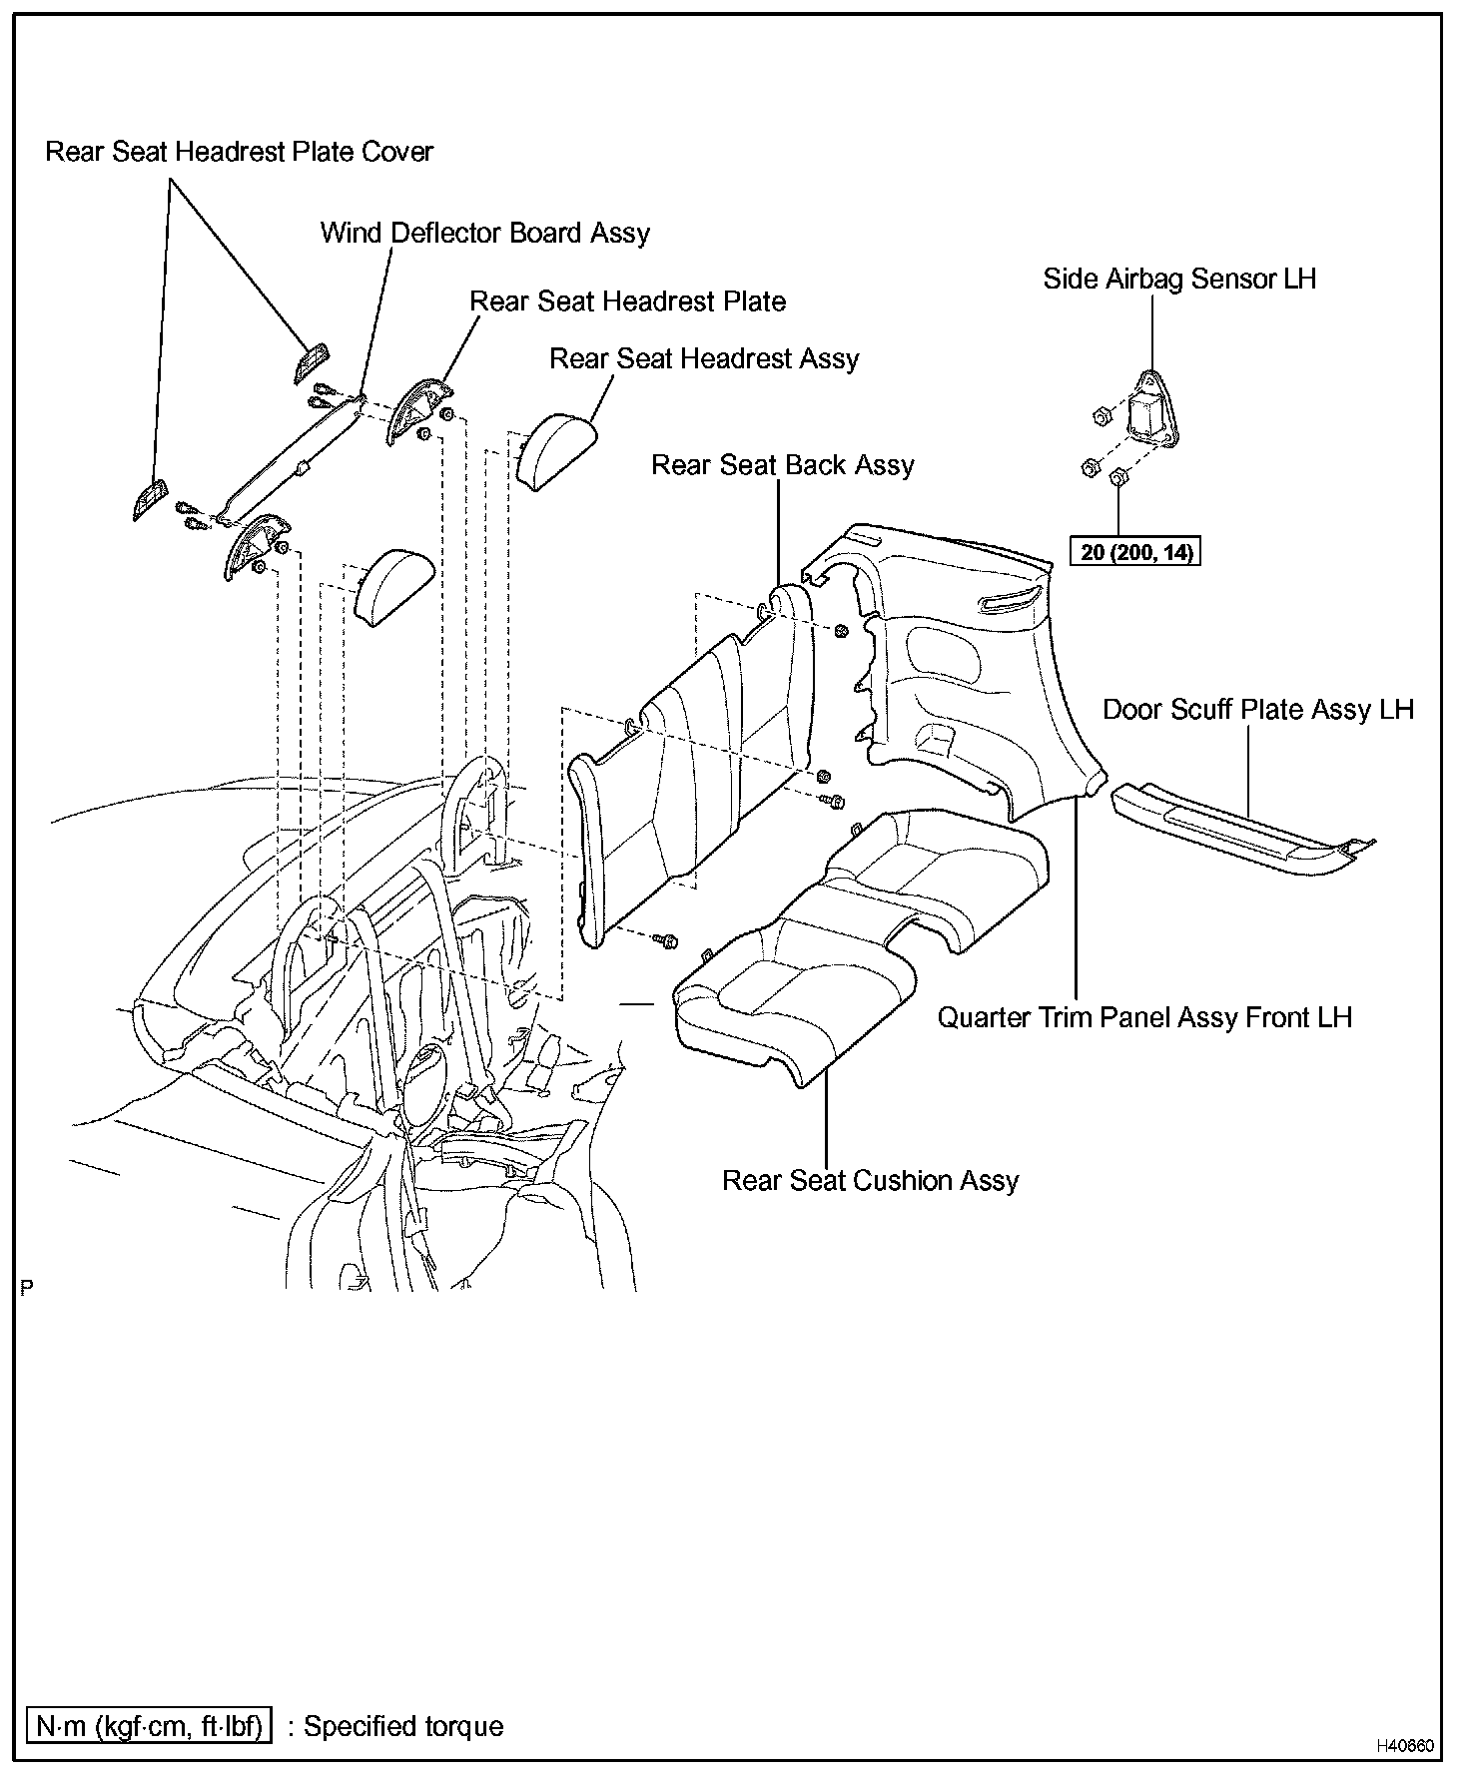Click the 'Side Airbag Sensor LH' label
click(x=1179, y=279)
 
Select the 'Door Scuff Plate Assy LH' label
click(x=1258, y=710)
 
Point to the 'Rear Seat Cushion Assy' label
click(x=870, y=1181)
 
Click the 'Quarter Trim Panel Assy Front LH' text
click(x=1144, y=1018)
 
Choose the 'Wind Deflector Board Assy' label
click(x=484, y=234)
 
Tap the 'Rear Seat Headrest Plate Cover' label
click(x=240, y=152)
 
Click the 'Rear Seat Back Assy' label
click(x=783, y=465)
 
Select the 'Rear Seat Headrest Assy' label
click(x=704, y=359)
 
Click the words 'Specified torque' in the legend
click(x=403, y=1726)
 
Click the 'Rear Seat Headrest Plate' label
click(x=627, y=301)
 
